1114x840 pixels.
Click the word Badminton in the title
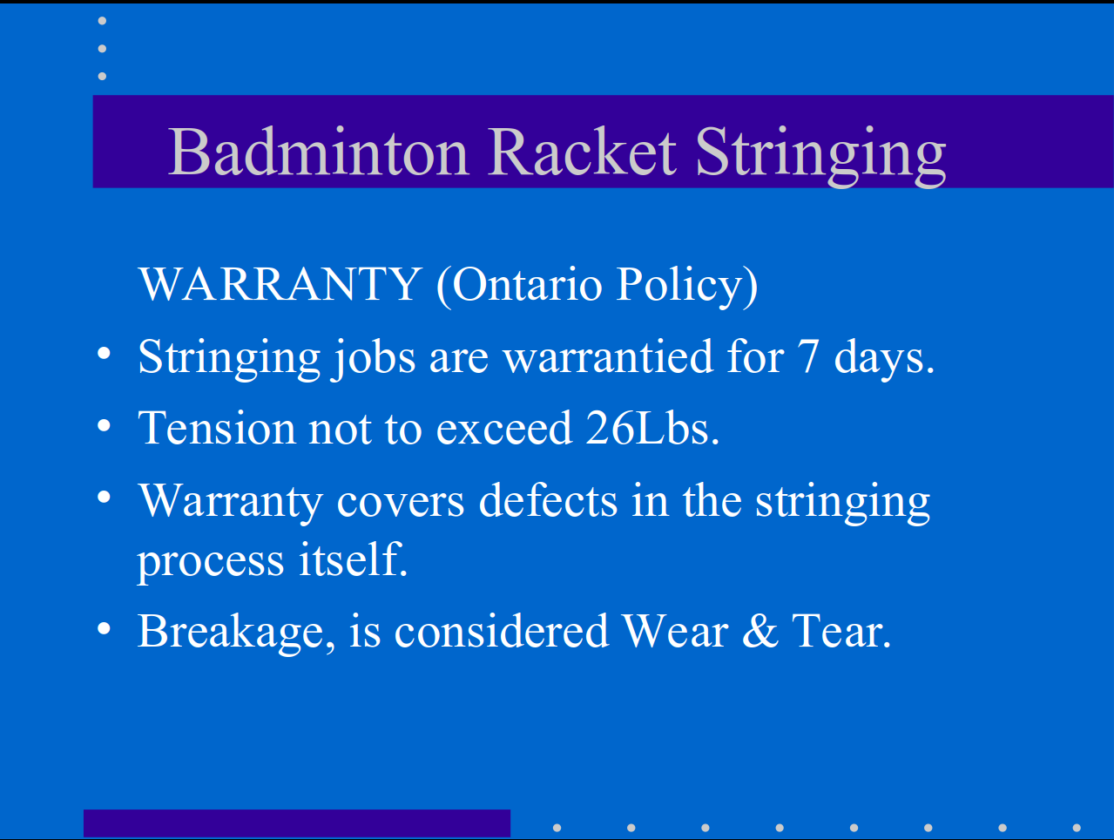coord(318,152)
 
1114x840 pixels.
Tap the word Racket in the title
coord(582,152)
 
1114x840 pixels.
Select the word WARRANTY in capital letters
coord(280,284)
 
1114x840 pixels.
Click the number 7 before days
coord(808,356)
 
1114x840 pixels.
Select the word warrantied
coord(608,356)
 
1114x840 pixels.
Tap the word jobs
coord(374,358)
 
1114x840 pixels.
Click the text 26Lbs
coord(652,428)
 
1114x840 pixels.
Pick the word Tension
coord(217,428)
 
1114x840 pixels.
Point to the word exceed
coord(504,429)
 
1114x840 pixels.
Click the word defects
coord(548,501)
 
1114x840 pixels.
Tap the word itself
coord(354,559)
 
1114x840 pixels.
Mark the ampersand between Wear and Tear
coord(760,631)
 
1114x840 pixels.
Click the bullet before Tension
coord(104,425)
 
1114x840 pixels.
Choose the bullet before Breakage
coord(104,628)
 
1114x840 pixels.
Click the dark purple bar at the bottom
coord(297,823)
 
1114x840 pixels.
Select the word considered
coord(502,631)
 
